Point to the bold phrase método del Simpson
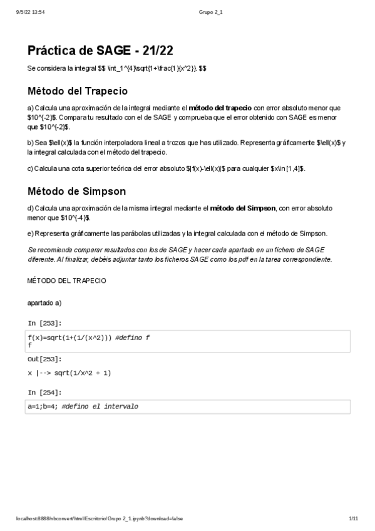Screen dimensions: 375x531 [243, 208]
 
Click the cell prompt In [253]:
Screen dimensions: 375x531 [44, 323]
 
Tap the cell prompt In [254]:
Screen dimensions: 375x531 [44, 392]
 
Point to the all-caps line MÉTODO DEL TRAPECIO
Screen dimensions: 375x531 [66, 281]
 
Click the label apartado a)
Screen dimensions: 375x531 [44, 302]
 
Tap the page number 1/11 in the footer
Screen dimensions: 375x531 [353, 518]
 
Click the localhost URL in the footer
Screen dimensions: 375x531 [100, 518]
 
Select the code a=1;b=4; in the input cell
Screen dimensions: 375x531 [43, 406]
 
